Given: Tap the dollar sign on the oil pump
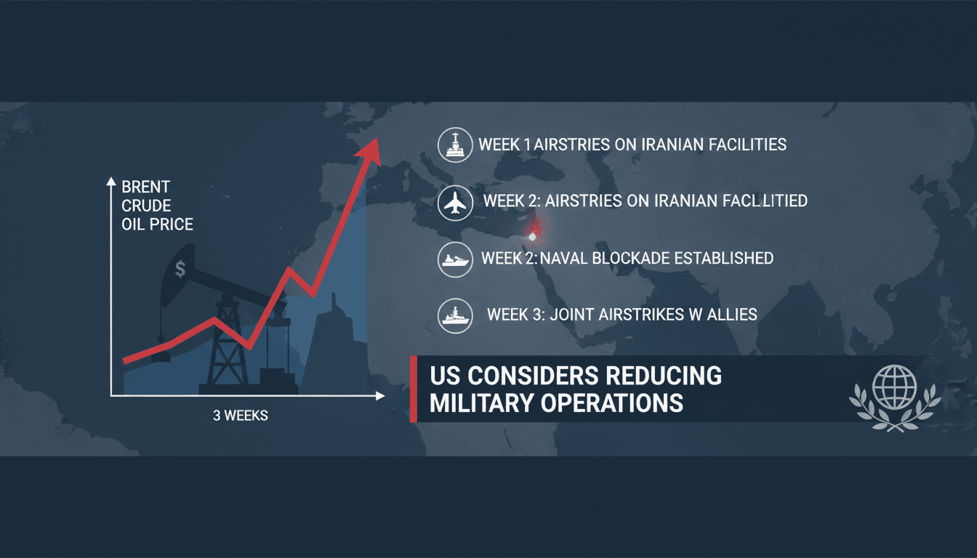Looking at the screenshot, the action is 180,269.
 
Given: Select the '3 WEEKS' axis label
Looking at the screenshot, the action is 241,416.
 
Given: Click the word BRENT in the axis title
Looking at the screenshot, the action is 145,187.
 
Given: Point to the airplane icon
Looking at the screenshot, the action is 455,203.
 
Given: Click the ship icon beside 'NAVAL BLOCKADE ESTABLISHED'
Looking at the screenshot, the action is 455,260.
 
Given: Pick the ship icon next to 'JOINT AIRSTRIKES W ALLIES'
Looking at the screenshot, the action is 455,315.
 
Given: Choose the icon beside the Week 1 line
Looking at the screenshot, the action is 455,145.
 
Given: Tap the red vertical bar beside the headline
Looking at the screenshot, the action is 414,389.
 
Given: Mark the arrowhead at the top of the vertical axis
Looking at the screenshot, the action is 111,181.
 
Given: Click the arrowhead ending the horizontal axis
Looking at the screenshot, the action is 380,396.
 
